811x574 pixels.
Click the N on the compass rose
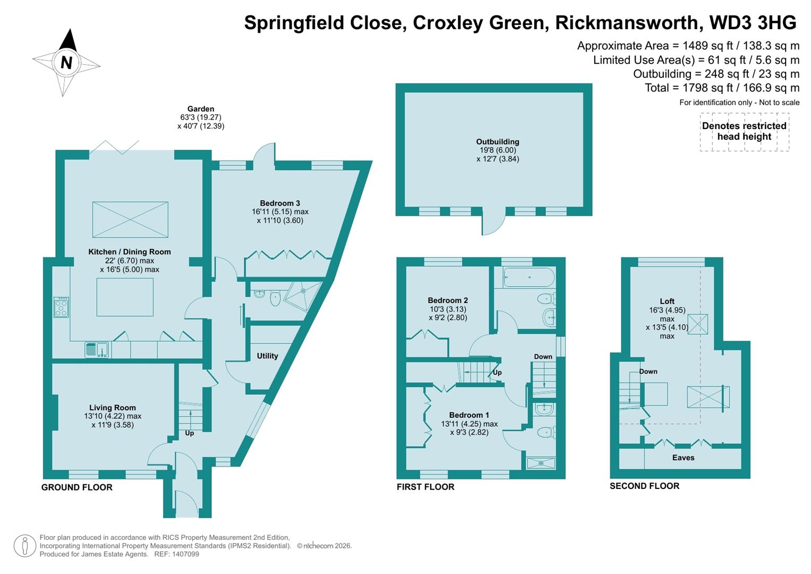tap(66, 63)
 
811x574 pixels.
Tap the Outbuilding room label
tap(497, 142)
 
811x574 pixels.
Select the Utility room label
tap(267, 356)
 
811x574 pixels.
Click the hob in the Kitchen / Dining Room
tap(61, 307)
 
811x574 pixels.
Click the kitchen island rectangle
tap(125, 297)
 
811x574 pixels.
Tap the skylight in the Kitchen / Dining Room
tap(130, 220)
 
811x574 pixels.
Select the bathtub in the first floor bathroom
tap(528, 277)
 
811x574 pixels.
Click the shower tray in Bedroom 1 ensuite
tap(540, 462)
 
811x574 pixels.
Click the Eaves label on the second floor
tap(683, 458)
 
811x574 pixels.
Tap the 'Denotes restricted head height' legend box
tap(744, 131)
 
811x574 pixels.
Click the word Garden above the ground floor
tap(200, 109)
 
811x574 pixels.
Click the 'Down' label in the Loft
tap(648, 372)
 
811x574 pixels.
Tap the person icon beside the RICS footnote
tap(24, 546)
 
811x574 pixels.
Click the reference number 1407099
tap(184, 554)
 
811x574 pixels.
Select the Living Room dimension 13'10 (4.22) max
tap(113, 416)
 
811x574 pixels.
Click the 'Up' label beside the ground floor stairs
tap(189, 433)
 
